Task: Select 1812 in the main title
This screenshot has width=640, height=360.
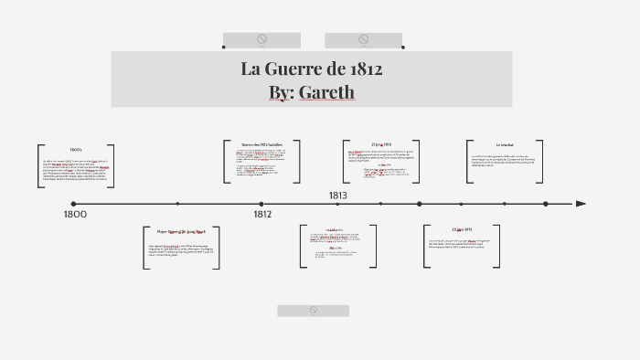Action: point(365,69)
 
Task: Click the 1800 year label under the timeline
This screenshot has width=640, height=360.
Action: point(75,214)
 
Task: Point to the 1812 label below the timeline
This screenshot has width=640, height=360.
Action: point(262,214)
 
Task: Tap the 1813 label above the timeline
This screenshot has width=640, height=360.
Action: point(338,195)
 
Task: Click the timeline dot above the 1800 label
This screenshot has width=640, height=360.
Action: point(73,204)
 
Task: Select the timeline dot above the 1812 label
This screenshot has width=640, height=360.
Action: point(261,204)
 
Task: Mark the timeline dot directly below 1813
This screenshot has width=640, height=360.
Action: point(337,204)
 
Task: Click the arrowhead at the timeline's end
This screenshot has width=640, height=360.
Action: point(581,204)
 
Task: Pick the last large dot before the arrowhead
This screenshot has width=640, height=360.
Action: point(546,204)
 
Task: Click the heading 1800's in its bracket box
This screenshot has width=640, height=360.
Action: point(76,149)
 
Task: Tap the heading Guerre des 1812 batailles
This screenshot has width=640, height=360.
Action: point(261,144)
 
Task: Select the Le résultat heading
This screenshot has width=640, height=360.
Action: point(505,144)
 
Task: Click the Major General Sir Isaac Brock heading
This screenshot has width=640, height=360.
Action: point(181,231)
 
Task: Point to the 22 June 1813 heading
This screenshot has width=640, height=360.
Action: point(381,143)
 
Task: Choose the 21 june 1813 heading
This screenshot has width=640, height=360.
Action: point(462,229)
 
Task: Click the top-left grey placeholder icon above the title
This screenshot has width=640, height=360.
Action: point(261,39)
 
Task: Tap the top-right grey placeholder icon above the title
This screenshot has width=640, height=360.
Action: point(363,39)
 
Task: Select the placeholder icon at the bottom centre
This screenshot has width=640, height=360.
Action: point(313,311)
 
